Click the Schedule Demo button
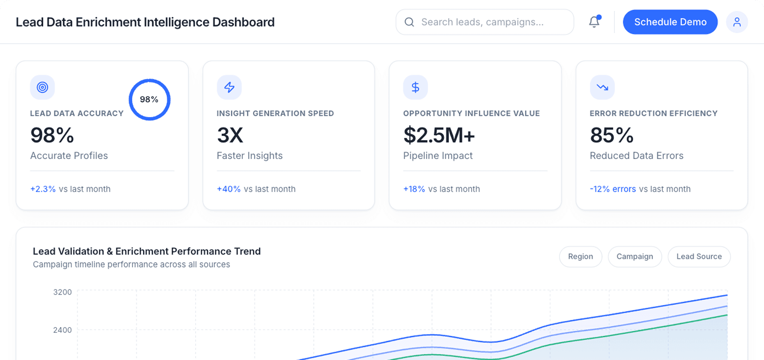click(670, 22)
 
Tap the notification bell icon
click(594, 22)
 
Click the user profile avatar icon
click(737, 22)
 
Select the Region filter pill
click(580, 256)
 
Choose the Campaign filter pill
click(635, 256)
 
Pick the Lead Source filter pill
click(699, 256)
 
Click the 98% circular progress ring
click(150, 99)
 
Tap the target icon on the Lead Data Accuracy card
click(42, 87)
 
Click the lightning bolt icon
click(229, 87)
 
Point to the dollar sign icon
click(415, 87)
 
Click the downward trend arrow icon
click(602, 87)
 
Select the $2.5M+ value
click(439, 135)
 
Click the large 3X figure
click(230, 135)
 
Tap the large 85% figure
click(612, 135)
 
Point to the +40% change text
click(229, 189)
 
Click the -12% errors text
click(613, 189)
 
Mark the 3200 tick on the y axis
click(62, 292)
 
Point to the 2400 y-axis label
click(62, 330)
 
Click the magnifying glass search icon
click(409, 22)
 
